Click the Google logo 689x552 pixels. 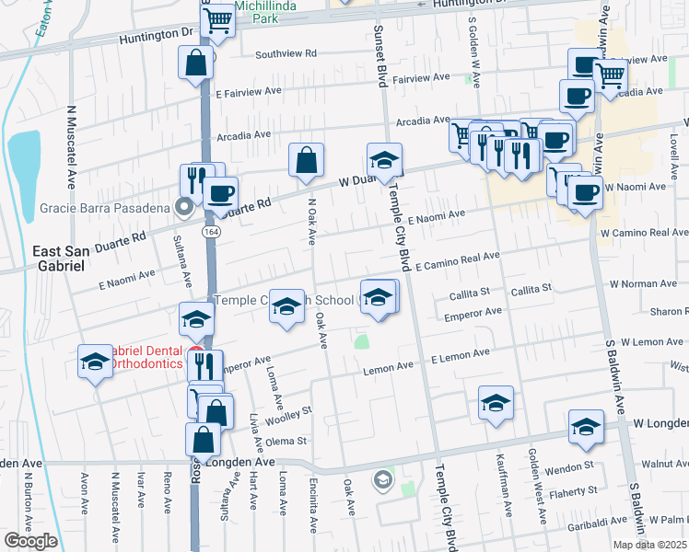click(30, 541)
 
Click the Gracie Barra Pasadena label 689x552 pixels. click(104, 207)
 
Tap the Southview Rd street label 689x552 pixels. click(286, 54)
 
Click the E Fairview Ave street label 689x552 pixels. click(249, 92)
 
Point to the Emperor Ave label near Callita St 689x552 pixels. click(472, 313)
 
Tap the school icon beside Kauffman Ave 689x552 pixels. click(495, 403)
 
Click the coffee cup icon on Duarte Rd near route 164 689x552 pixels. click(220, 193)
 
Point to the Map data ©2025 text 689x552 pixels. click(649, 545)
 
